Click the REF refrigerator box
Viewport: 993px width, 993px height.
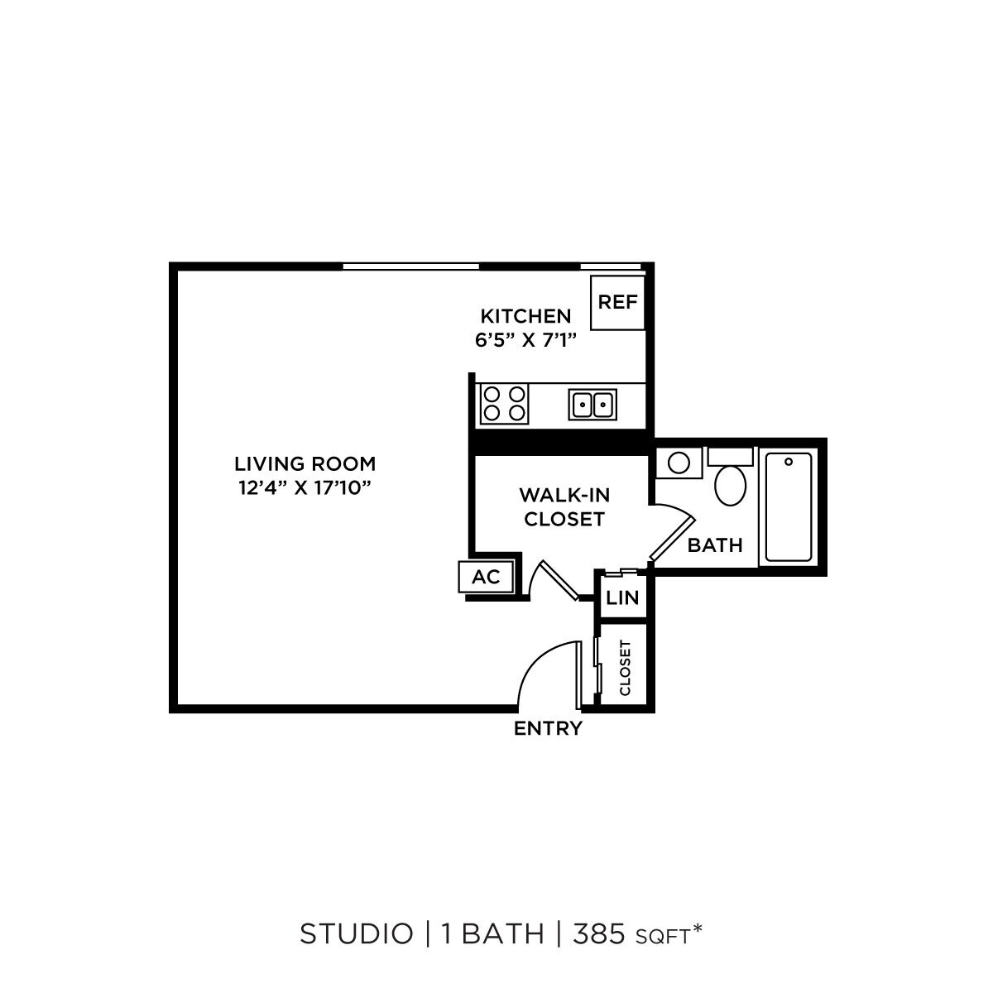click(x=618, y=302)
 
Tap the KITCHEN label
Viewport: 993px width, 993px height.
click(x=525, y=316)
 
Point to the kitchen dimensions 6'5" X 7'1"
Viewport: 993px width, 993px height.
click(x=525, y=339)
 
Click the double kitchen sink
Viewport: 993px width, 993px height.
click(x=592, y=405)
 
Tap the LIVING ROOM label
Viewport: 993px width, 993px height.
click(x=305, y=463)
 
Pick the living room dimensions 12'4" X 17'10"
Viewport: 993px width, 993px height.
click(x=304, y=487)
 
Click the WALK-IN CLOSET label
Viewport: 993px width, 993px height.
click(x=564, y=507)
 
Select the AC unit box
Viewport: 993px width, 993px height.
click(x=487, y=577)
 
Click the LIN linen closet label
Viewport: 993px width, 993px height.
click(x=622, y=597)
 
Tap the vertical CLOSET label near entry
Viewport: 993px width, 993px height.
click(x=625, y=668)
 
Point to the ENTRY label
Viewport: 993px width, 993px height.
click(x=548, y=729)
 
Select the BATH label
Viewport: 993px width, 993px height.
click(x=715, y=545)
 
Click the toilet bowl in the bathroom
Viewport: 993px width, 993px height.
click(x=731, y=485)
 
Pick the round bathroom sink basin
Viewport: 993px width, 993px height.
click(x=679, y=462)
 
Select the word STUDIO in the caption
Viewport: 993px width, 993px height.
click(x=356, y=934)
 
